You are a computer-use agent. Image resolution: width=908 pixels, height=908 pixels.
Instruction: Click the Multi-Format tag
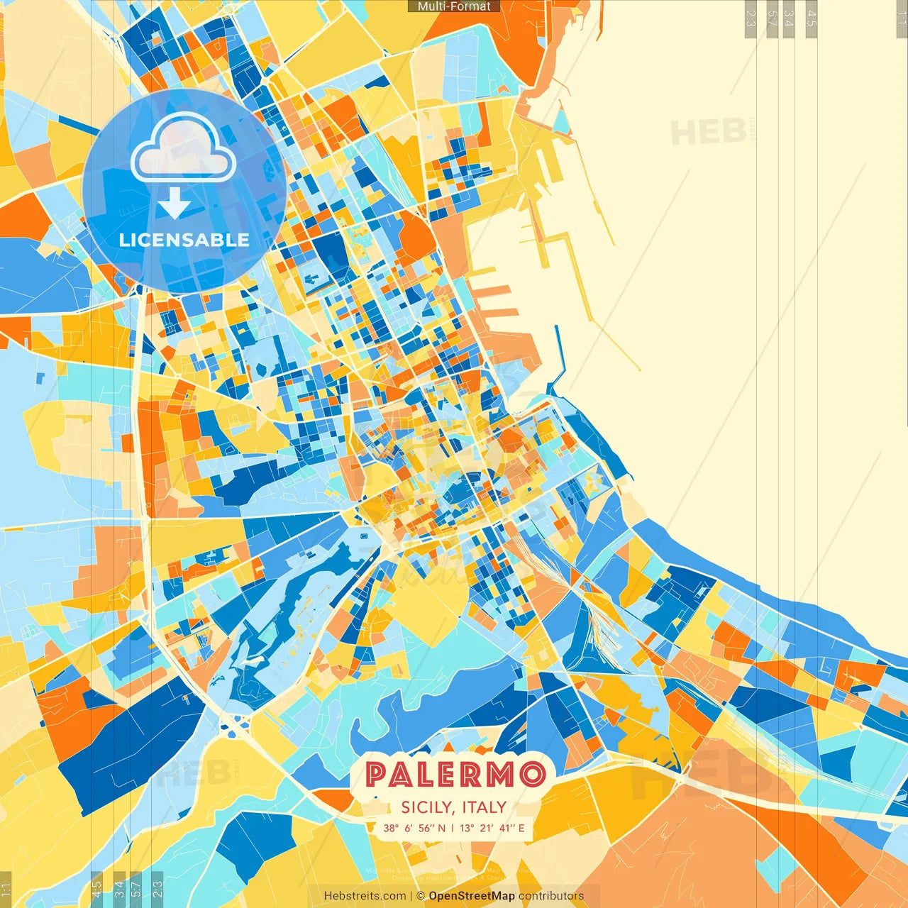coord(454,6)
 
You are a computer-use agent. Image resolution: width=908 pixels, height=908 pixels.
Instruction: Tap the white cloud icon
coord(183,148)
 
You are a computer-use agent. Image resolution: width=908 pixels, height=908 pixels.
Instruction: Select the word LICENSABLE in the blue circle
coord(184,240)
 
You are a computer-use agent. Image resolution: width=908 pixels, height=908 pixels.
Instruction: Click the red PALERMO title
coord(454,774)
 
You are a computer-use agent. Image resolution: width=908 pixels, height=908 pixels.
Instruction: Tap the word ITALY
coord(485,807)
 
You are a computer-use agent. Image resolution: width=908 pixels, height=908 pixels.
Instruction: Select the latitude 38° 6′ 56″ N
coord(414,828)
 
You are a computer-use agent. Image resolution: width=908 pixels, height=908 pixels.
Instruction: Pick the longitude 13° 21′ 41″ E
coord(492,828)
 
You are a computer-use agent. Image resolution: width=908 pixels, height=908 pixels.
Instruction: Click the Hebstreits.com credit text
coord(365,896)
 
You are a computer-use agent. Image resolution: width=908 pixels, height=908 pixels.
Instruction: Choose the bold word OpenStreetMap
coord(472,896)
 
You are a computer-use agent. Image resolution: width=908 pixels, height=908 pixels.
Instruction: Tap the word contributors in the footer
coord(551,896)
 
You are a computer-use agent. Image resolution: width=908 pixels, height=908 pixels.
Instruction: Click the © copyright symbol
coord(421,896)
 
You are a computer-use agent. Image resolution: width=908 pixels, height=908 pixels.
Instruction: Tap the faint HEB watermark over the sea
coord(708,133)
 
